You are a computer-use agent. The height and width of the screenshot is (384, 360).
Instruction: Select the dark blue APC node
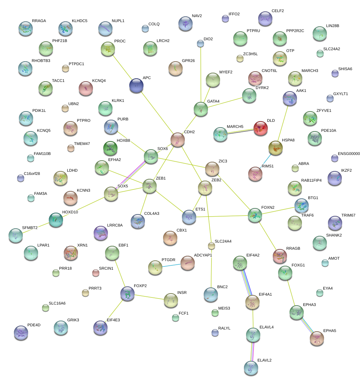[x=136, y=85]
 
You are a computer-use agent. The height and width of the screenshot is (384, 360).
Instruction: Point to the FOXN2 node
[x=255, y=215]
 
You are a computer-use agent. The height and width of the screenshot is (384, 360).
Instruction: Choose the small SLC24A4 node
[x=212, y=245]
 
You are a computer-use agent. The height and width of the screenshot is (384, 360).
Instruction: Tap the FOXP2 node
[x=127, y=293]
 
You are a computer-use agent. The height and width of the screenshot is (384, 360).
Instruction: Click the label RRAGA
[x=39, y=21]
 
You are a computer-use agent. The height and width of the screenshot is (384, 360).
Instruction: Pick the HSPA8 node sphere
[x=275, y=147]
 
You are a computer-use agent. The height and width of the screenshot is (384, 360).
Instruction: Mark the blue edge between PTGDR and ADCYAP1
[x=171, y=265]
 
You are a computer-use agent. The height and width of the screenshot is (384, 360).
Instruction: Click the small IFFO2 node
[x=225, y=19]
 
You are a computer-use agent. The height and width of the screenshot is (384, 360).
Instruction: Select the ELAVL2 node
[x=251, y=368]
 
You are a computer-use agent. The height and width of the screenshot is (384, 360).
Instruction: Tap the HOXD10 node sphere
[x=56, y=219]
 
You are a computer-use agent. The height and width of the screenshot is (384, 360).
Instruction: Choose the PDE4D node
[x=21, y=332]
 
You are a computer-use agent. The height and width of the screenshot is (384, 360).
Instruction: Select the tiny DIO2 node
[x=200, y=43]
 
